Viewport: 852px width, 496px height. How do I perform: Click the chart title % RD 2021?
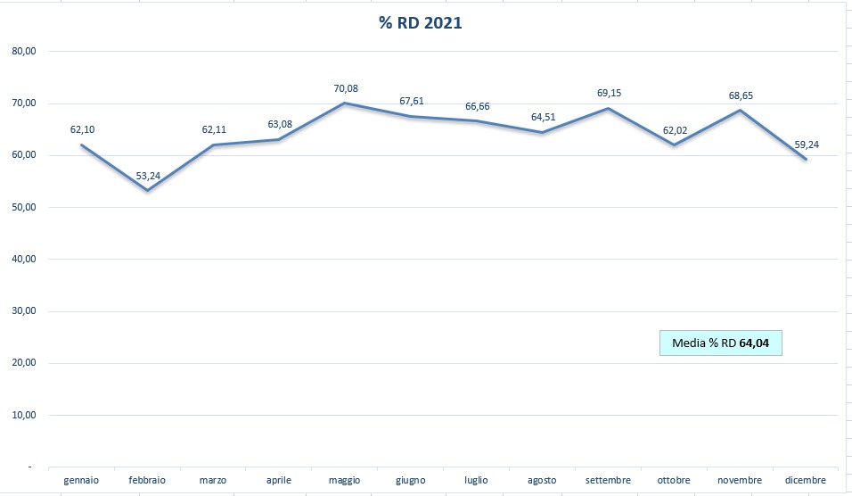click(x=421, y=23)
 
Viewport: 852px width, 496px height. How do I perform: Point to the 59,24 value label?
click(x=806, y=144)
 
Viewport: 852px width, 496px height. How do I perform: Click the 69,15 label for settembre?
click(x=610, y=93)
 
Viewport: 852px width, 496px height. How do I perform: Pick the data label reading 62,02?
click(x=674, y=130)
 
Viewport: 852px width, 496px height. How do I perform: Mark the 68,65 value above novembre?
click(x=740, y=95)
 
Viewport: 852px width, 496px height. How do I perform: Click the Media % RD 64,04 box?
click(x=720, y=343)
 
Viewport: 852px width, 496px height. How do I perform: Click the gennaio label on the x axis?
click(x=81, y=481)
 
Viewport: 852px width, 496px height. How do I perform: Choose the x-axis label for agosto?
click(x=542, y=481)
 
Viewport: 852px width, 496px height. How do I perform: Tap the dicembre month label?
click(x=806, y=481)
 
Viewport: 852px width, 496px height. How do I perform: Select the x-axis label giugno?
click(x=410, y=481)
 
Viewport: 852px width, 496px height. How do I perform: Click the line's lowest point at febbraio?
click(x=147, y=190)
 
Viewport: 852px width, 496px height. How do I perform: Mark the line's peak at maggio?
click(x=345, y=103)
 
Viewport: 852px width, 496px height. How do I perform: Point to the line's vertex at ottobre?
click(x=675, y=145)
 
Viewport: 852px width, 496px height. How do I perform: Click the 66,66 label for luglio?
click(x=477, y=107)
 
